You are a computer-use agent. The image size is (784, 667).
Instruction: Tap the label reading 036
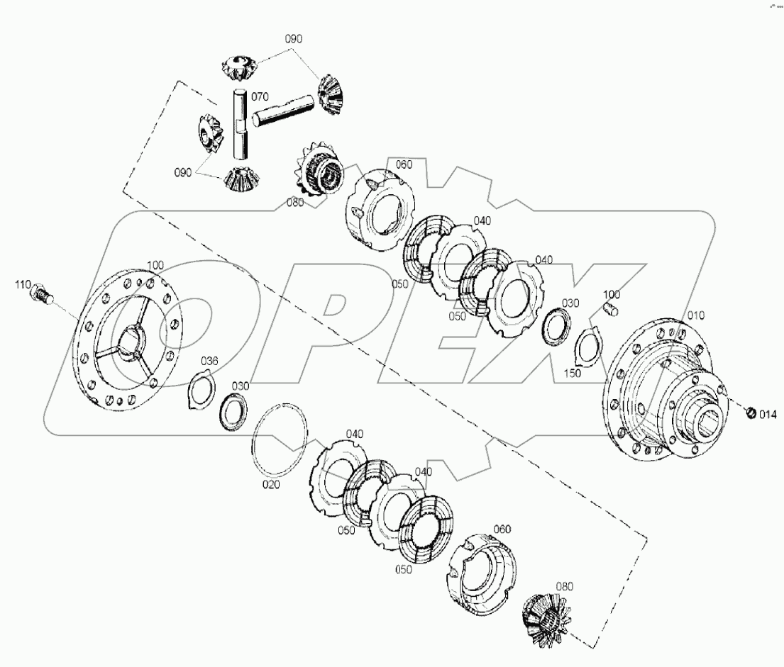pyautogui.click(x=209, y=361)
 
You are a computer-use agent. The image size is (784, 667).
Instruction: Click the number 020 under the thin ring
pyautogui.click(x=272, y=485)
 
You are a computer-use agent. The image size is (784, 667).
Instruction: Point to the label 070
pyautogui.click(x=260, y=95)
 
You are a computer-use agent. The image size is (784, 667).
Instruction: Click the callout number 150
pyautogui.click(x=572, y=373)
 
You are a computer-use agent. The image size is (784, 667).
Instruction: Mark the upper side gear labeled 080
pyautogui.click(x=318, y=174)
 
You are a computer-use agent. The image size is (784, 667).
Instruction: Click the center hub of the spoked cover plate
pyautogui.click(x=133, y=341)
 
